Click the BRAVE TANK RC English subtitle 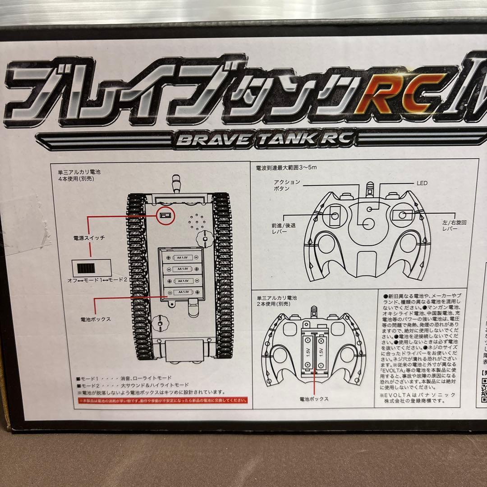click(x=263, y=139)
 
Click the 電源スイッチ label click(x=89, y=238)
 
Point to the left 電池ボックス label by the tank click(x=95, y=319)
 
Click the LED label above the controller click(x=422, y=183)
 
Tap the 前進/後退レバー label click(x=284, y=228)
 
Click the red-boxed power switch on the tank click(x=165, y=216)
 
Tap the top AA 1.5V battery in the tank click(x=183, y=257)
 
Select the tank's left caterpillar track click(x=136, y=275)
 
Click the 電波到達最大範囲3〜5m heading click(x=286, y=167)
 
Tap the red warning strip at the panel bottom click(x=163, y=400)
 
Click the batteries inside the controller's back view click(x=315, y=352)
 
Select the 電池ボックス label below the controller click(x=314, y=399)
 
